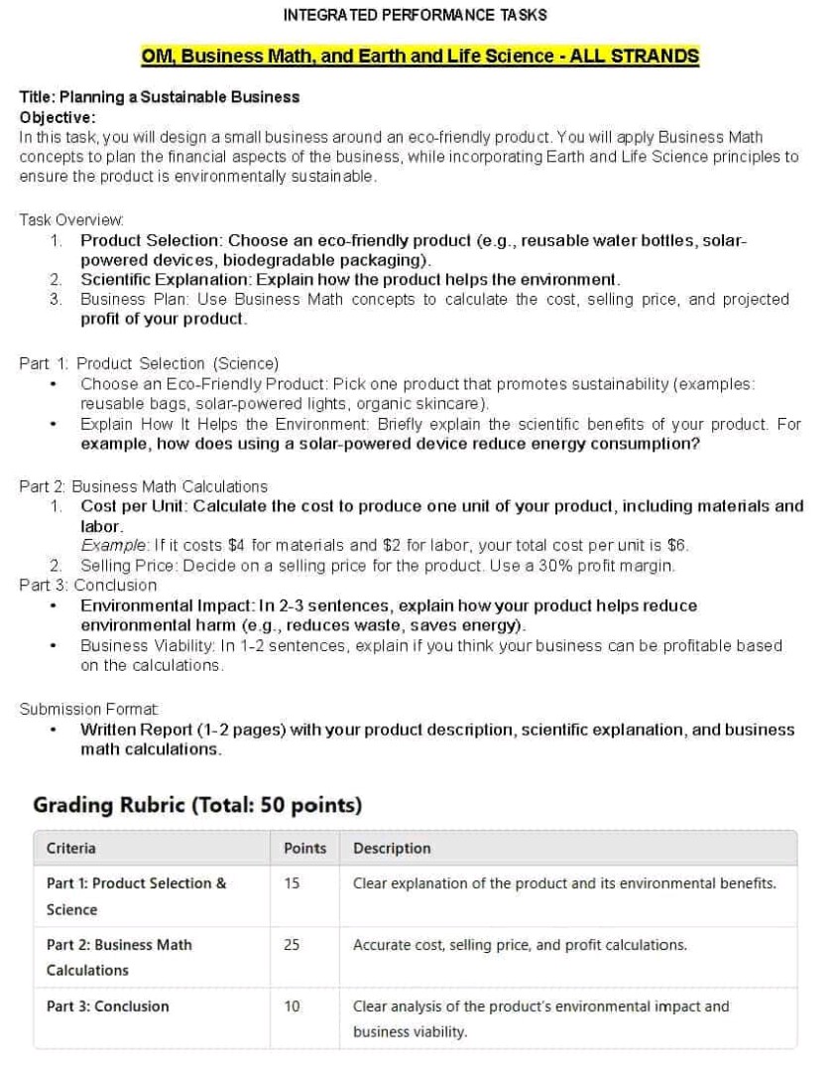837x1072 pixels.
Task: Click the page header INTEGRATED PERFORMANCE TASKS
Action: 415,15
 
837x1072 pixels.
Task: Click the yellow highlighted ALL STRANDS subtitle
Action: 419,56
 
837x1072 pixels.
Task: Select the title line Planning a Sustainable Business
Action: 160,97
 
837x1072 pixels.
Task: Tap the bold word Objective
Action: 56,117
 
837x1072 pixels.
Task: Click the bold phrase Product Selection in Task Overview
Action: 152,240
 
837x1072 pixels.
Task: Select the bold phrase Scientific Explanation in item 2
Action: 165,280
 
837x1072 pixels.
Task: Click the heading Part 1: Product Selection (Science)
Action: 149,363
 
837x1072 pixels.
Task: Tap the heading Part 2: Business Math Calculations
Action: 143,486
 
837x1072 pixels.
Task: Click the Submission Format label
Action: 74,709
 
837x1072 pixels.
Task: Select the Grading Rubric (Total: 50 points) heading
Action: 197,804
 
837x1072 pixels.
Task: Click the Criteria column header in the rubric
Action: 71,849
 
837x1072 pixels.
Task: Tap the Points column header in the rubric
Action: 304,849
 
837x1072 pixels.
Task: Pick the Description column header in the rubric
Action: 392,849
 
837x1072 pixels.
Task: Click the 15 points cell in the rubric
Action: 292,883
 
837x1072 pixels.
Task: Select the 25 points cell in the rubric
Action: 292,945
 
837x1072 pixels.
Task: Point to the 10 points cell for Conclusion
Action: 292,1006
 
